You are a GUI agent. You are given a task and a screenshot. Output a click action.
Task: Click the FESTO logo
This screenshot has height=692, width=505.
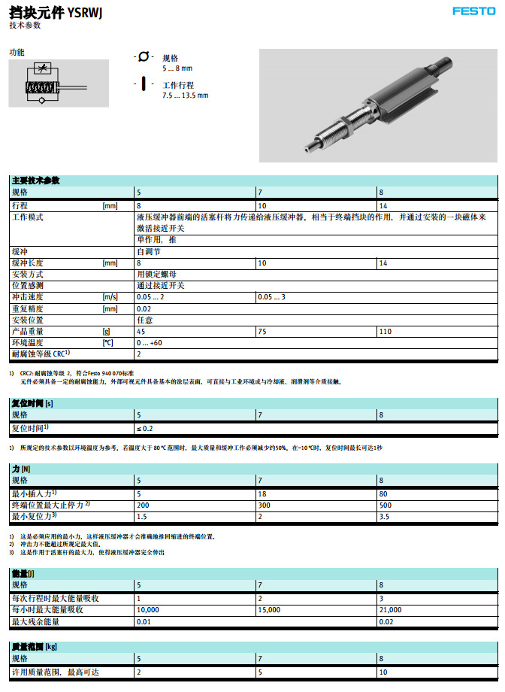click(474, 11)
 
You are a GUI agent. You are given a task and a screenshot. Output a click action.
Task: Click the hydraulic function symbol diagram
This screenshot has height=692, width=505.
click(38, 82)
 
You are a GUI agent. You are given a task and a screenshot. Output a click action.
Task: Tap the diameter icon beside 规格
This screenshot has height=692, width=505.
click(143, 58)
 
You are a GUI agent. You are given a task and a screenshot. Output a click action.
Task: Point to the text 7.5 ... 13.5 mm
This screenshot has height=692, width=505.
click(185, 96)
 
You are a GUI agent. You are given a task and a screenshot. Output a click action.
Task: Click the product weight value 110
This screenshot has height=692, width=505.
click(386, 331)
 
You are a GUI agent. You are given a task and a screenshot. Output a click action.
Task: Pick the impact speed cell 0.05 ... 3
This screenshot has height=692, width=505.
click(271, 297)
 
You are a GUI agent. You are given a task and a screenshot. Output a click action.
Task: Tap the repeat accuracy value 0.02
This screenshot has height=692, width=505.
click(143, 308)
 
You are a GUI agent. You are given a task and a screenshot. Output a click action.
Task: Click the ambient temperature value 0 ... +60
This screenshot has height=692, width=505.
click(149, 342)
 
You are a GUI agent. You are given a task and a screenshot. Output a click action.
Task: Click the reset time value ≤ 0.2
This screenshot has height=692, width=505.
click(144, 428)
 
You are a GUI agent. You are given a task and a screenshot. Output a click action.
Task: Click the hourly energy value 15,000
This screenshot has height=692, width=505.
click(270, 609)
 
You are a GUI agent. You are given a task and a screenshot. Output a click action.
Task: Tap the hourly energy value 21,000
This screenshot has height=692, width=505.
click(391, 609)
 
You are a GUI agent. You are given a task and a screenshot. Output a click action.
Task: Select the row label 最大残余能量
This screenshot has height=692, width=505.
click(36, 621)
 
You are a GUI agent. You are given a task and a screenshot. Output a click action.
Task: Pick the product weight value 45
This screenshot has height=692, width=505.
click(141, 331)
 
